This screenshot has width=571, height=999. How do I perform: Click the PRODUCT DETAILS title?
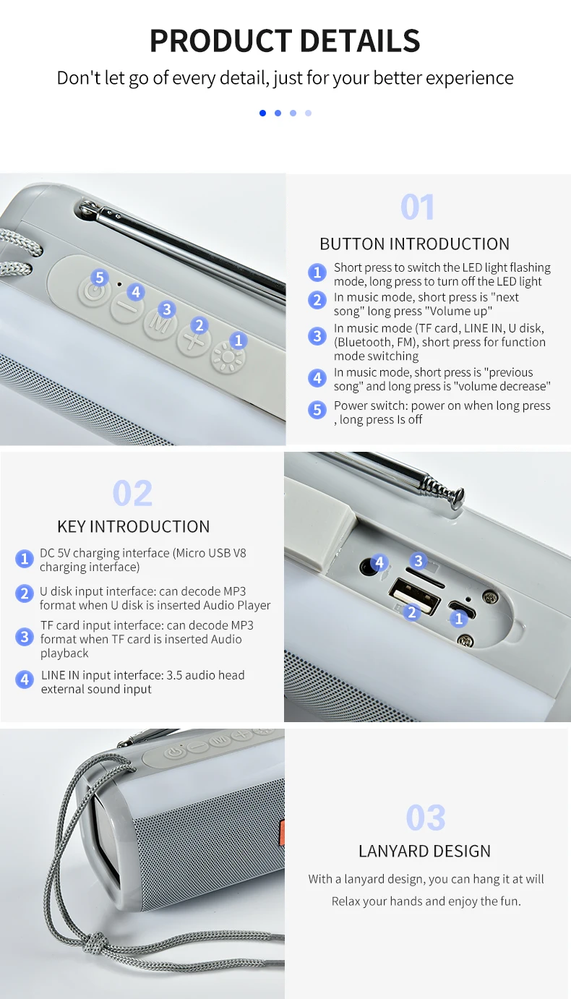pyautogui.click(x=285, y=40)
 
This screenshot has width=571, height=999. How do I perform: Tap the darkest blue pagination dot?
pyautogui.click(x=263, y=113)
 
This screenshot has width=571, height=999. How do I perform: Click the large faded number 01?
pyautogui.click(x=417, y=207)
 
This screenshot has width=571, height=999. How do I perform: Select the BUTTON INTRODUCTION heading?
pyautogui.click(x=414, y=244)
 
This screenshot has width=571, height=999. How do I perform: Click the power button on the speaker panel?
pyautogui.click(x=93, y=291)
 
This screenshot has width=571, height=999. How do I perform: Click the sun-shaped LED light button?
pyautogui.click(x=228, y=358)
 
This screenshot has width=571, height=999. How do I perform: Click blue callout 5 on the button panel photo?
pyautogui.click(x=100, y=278)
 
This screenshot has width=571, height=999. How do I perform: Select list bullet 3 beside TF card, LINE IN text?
pyautogui.click(x=317, y=336)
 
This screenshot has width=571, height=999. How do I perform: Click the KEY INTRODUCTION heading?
pyautogui.click(x=134, y=527)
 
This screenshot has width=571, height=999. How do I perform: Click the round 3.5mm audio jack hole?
pyautogui.click(x=368, y=567)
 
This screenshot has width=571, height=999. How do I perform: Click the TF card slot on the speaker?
pyautogui.click(x=425, y=577)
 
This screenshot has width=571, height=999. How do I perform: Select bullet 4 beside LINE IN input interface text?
pyautogui.click(x=25, y=680)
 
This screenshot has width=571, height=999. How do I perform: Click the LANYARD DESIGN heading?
pyautogui.click(x=425, y=852)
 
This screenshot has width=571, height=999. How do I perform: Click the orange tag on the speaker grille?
pyautogui.click(x=281, y=832)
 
